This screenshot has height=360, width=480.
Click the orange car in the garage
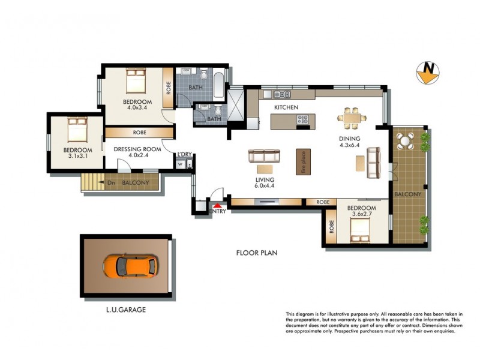[130, 264]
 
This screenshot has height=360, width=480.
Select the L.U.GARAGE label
[122, 310]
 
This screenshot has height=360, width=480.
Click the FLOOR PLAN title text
[256, 253]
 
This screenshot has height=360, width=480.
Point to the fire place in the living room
[304, 161]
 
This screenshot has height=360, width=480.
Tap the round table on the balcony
[406, 142]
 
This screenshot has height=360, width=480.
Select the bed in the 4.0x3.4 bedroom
[135, 80]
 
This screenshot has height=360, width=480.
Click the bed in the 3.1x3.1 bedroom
[78, 128]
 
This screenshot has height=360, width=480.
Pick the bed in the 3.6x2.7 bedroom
[359, 227]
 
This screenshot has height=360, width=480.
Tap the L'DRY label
[184, 155]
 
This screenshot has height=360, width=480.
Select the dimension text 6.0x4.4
[264, 186]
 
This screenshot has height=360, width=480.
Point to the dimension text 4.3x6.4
[349, 145]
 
